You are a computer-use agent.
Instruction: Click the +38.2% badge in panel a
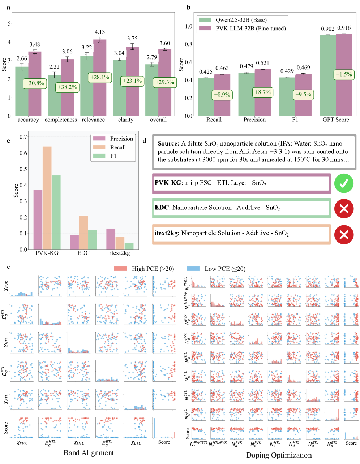point(67,87)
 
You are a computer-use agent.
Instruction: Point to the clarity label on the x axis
point(125,120)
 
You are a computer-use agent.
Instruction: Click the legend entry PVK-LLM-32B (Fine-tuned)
point(250,29)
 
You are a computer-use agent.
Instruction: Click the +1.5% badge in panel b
point(344,74)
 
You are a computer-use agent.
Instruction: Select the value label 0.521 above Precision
point(262,63)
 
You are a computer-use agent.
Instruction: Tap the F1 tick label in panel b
point(295,120)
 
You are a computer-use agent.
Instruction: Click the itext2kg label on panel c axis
point(120,253)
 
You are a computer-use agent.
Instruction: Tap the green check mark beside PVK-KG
point(344,183)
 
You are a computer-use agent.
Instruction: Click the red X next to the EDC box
point(344,208)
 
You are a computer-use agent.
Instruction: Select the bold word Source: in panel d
point(168,143)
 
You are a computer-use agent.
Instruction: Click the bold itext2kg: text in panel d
point(167,233)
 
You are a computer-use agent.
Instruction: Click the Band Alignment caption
point(89,453)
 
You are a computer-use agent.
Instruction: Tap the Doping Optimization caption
point(279,455)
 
